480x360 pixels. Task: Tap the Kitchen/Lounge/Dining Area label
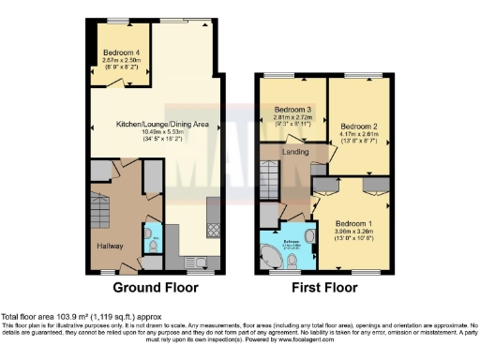coord(156,123)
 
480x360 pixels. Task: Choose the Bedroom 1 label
coord(358,224)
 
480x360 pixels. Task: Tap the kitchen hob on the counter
coord(212,227)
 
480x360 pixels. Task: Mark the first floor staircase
coord(269,175)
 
